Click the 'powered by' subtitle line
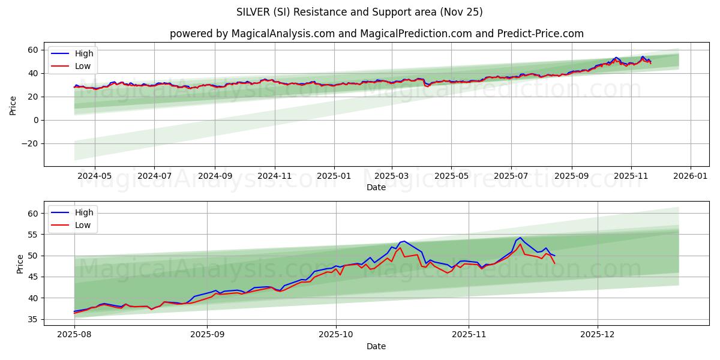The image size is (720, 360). [x=376, y=34]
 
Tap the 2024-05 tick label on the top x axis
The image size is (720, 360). [x=95, y=176]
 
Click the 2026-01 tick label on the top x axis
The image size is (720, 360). [x=690, y=176]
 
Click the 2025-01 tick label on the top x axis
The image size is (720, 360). [x=334, y=176]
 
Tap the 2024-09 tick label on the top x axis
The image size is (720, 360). [x=215, y=176]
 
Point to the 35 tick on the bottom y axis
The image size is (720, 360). [x=33, y=319]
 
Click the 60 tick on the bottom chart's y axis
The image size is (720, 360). [x=33, y=214]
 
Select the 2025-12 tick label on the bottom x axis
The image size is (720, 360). [x=598, y=335]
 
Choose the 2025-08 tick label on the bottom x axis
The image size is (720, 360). [x=74, y=335]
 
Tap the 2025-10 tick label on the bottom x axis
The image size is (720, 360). [x=336, y=335]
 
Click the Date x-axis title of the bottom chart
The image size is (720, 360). [x=376, y=347]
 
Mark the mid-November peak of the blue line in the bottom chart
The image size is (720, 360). [x=520, y=238]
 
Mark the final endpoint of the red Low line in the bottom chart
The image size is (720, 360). [x=554, y=263]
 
